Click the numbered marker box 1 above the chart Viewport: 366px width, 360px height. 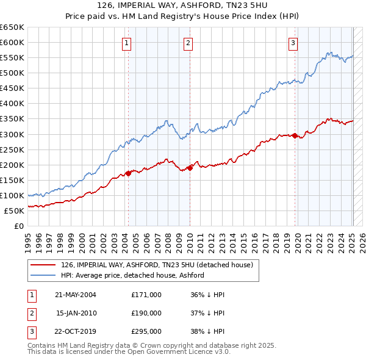(126, 43)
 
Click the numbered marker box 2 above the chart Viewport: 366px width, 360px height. (188, 43)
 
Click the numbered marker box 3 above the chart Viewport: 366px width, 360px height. (293, 43)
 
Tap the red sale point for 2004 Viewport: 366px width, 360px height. (129, 173)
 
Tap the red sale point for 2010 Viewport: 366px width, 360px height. (190, 167)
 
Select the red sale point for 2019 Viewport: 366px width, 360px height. (295, 135)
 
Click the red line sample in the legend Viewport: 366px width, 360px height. (43, 265)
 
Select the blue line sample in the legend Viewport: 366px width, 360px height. (43, 275)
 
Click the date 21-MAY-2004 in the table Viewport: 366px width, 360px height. (76, 295)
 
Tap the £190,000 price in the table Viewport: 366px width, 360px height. (146, 313)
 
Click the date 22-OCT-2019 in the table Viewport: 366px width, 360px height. (76, 332)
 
